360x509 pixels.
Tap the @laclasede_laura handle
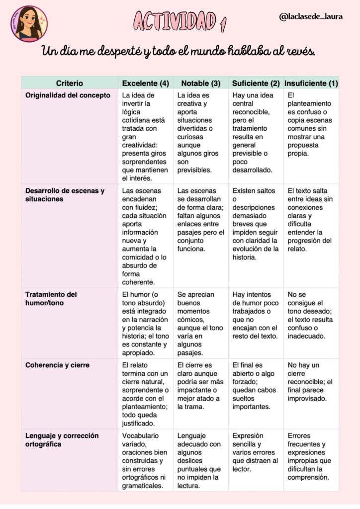(311, 17)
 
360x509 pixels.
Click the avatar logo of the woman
(28, 23)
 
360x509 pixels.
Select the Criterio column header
(70, 83)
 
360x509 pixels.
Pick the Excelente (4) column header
(145, 83)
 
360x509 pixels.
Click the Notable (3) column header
(200, 83)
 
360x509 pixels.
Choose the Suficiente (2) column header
(256, 83)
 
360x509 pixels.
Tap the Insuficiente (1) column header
(311, 83)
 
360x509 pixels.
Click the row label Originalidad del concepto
(68, 95)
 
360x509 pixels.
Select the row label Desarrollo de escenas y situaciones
(65, 195)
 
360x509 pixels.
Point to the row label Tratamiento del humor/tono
(51, 298)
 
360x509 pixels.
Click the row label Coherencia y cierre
(58, 365)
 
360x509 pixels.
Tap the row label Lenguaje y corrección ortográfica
(62, 440)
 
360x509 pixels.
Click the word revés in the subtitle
(298, 51)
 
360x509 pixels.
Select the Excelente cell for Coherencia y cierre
(145, 394)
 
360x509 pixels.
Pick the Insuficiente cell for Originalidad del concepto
(310, 124)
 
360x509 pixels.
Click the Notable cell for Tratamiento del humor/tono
(200, 324)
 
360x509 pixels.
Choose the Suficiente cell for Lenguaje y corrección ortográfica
(255, 452)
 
